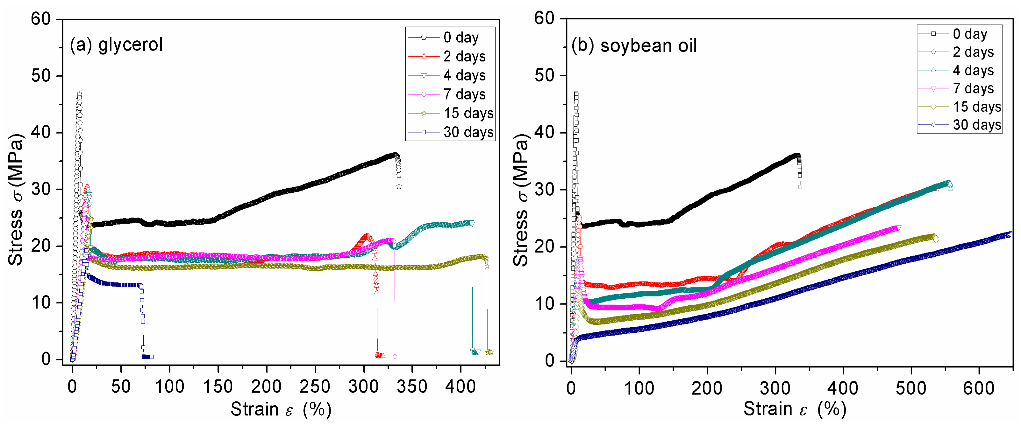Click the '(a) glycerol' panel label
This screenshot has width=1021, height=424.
click(116, 44)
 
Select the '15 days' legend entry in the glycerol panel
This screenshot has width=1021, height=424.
click(468, 113)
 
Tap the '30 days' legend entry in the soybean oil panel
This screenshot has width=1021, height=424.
click(977, 125)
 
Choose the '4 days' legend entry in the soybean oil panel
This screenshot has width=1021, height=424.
click(973, 71)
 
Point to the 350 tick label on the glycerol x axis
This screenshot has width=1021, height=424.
click(412, 386)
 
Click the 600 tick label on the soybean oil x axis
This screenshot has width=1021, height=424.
click(979, 388)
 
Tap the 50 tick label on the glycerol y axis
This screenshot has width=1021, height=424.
click(41, 76)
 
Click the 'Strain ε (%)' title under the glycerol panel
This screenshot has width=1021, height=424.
click(281, 409)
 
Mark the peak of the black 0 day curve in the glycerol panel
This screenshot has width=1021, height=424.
click(79, 94)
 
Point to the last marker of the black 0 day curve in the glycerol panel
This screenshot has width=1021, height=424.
click(399, 186)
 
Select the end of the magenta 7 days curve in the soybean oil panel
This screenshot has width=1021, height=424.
click(898, 228)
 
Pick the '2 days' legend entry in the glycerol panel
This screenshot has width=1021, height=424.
click(464, 57)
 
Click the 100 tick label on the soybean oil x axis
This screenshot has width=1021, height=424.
click(639, 388)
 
